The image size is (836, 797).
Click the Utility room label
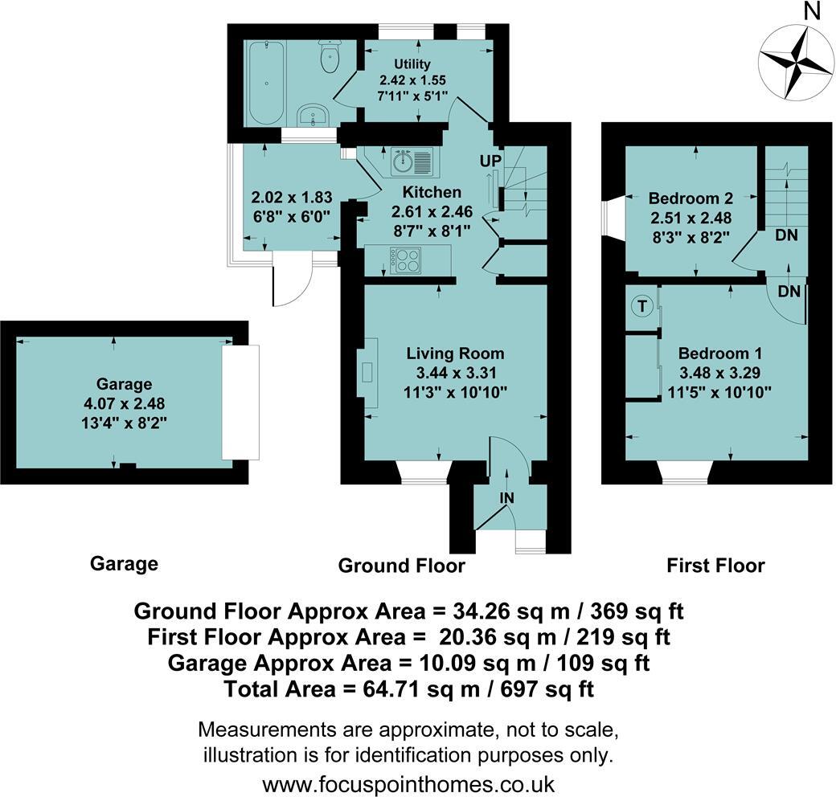[412, 63]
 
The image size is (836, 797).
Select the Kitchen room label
[432, 192]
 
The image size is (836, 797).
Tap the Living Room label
[455, 353]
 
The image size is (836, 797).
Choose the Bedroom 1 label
[720, 353]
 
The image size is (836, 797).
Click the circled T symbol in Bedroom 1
[641, 306]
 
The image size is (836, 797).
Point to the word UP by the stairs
[490, 161]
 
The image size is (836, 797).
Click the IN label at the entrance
[506, 498]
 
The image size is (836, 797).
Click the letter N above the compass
[813, 11]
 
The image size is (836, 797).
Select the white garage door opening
[240, 402]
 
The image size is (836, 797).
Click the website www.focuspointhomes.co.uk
[408, 783]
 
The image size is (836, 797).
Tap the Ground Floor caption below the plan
[401, 566]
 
